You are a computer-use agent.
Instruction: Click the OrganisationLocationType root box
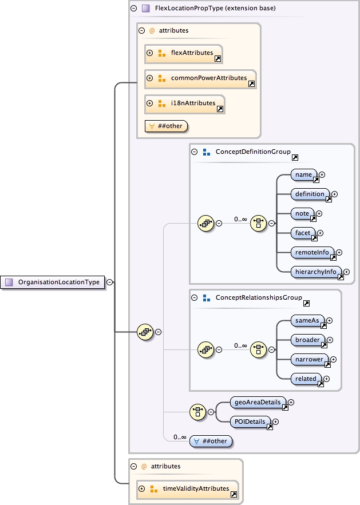54,282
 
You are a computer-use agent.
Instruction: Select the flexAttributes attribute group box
183,53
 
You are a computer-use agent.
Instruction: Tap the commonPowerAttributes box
200,78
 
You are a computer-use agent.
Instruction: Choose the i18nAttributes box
184,104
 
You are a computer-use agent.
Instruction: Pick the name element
304,174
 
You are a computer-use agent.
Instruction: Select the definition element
310,194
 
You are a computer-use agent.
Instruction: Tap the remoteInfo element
312,252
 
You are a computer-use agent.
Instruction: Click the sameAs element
307,320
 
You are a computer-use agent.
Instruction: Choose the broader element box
308,340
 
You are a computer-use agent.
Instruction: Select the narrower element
310,359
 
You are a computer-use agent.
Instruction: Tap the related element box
306,379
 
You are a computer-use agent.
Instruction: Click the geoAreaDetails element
258,402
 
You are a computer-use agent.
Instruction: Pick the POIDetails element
250,422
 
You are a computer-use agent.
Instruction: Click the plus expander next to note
319,213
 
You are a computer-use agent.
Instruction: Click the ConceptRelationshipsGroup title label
258,298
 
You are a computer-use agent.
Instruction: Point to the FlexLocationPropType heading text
216,8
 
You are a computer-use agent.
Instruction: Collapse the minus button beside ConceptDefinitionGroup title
194,152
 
